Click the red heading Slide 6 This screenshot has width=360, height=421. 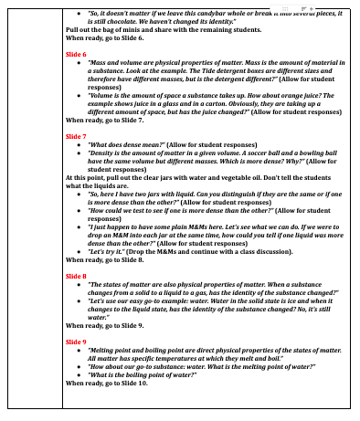click(79, 54)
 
